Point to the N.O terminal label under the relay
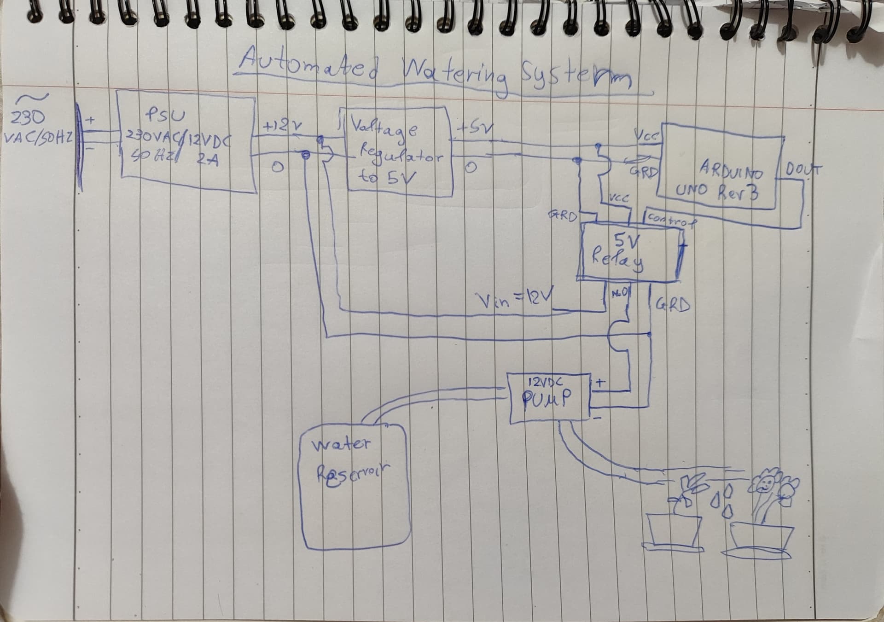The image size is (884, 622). pos(618,293)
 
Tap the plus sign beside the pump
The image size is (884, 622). pos(601,383)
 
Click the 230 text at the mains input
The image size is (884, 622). pos(28,119)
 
